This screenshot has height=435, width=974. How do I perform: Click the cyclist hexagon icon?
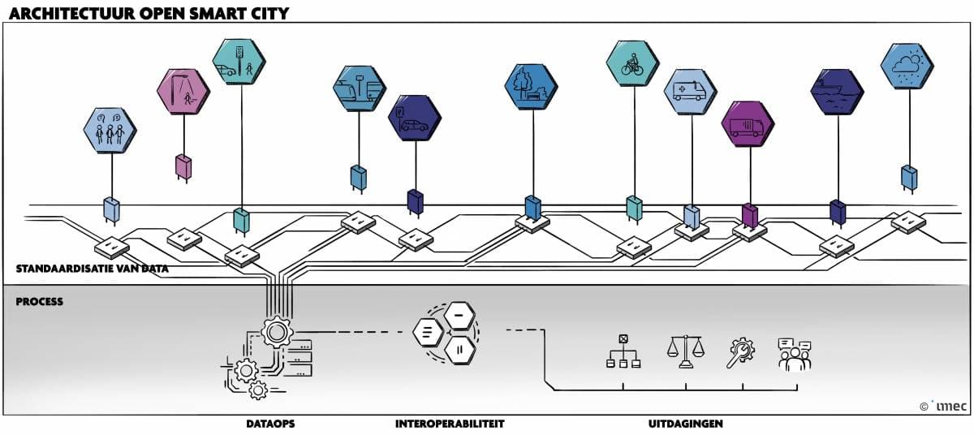tap(633, 63)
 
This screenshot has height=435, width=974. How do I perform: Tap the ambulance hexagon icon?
tap(690, 92)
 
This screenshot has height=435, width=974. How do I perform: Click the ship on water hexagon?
tap(837, 92)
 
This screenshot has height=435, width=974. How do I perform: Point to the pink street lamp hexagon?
tap(183, 92)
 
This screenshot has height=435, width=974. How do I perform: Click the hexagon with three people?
tap(110, 131)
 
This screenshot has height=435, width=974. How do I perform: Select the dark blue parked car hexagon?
tap(414, 118)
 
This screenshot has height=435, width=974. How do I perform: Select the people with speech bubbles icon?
tap(795, 354)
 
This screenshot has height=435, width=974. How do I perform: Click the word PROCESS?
tap(39, 302)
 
